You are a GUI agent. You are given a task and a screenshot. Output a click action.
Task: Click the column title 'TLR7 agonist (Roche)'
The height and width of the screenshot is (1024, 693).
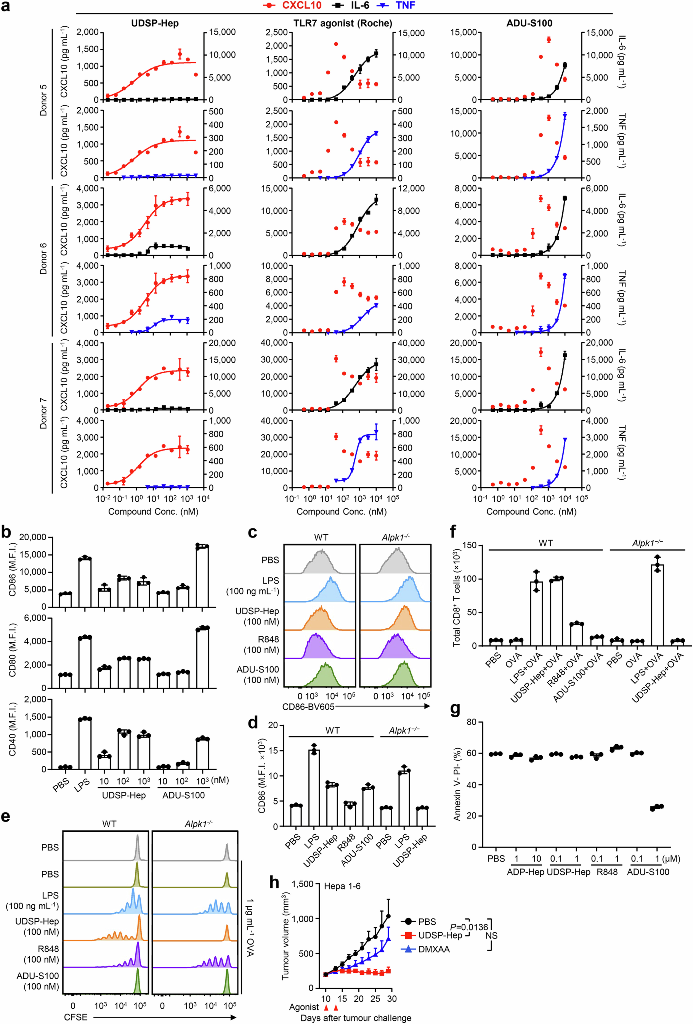pos(343,23)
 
